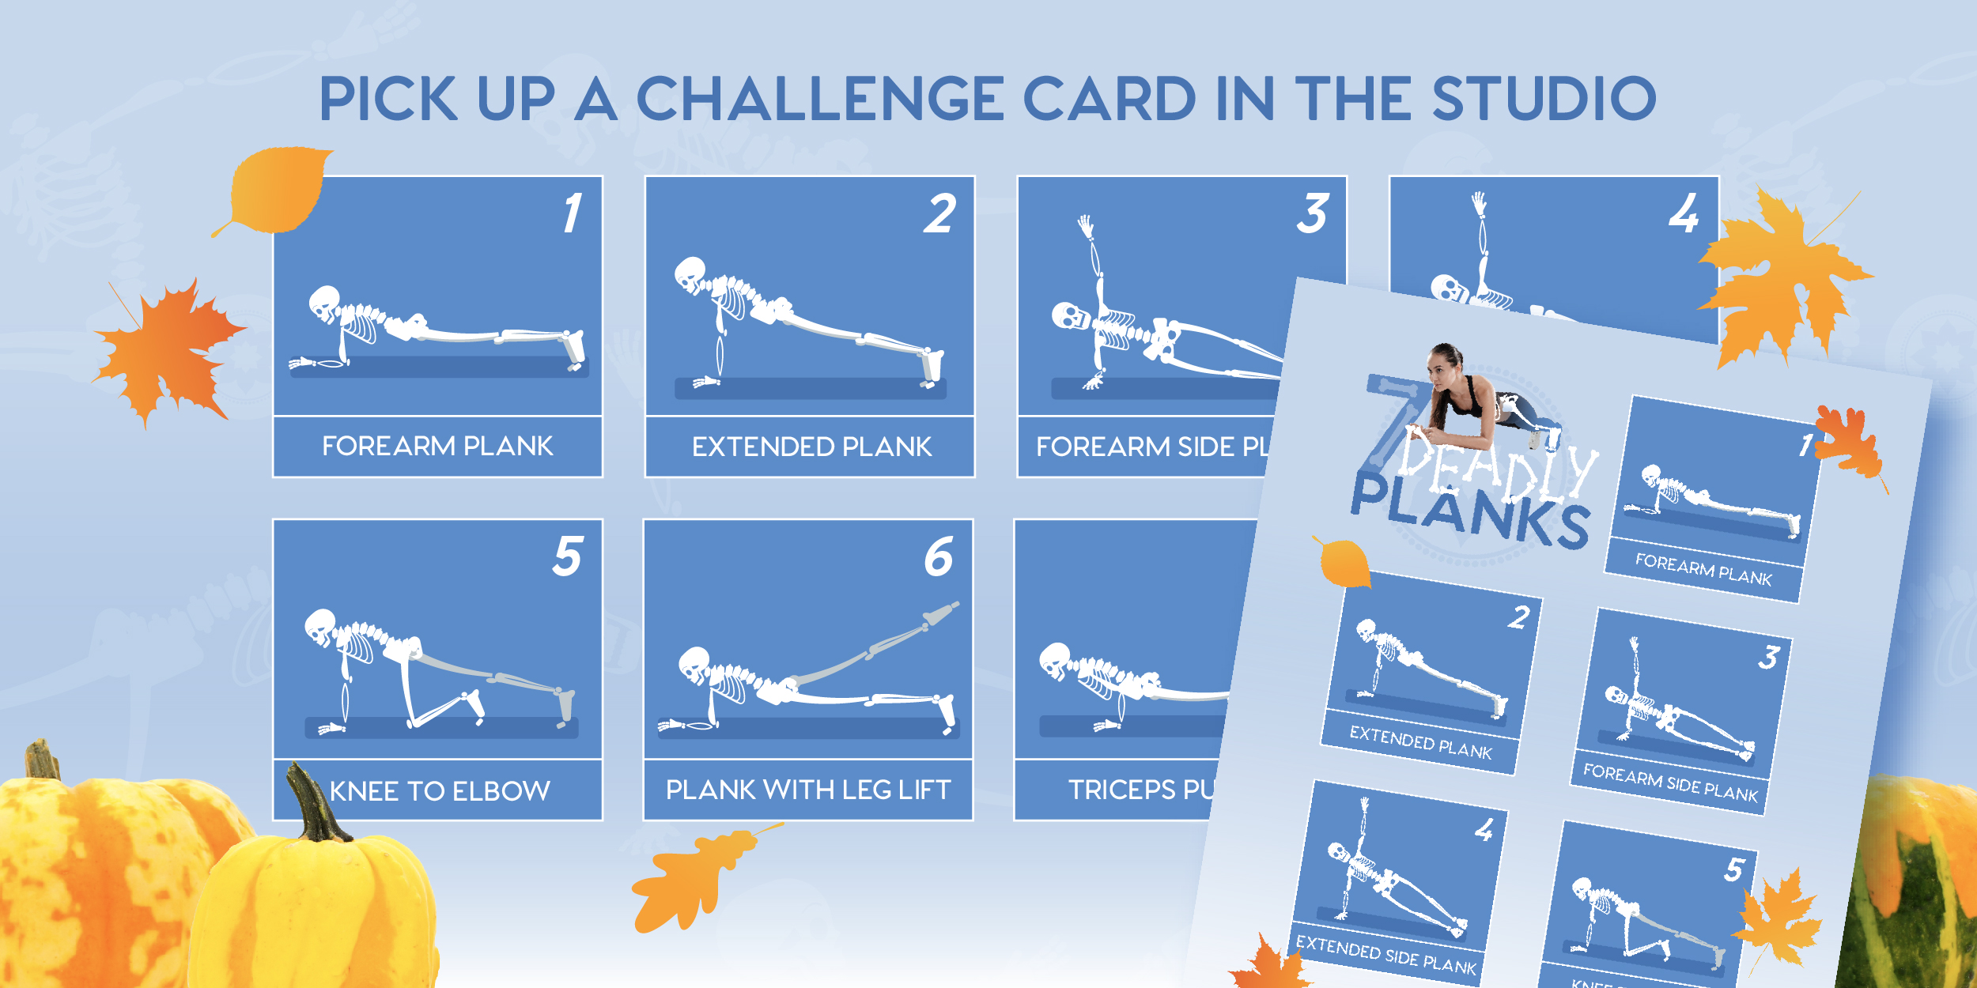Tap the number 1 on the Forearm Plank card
pos(573,213)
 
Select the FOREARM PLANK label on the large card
pos(437,447)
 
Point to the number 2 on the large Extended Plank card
pos(939,214)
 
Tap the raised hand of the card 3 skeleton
pos(1085,226)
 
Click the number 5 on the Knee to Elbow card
pos(567,556)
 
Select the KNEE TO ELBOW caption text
pos(440,791)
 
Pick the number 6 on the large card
pos(939,556)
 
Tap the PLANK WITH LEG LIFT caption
pos(807,790)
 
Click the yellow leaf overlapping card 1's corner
pos(277,190)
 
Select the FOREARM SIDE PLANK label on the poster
pos(1669,782)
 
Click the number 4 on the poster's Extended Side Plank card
pos(1484,830)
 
